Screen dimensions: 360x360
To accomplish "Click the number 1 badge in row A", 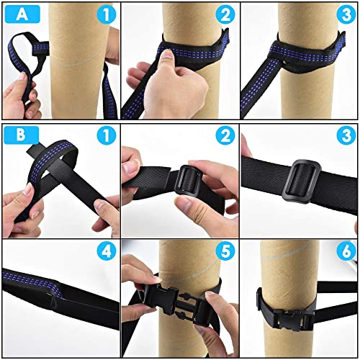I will pyautogui.click(x=105, y=14).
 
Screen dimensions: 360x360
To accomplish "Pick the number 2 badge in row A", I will pyautogui.click(x=224, y=14).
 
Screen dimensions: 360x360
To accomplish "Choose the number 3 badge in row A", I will pyautogui.click(x=344, y=14).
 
